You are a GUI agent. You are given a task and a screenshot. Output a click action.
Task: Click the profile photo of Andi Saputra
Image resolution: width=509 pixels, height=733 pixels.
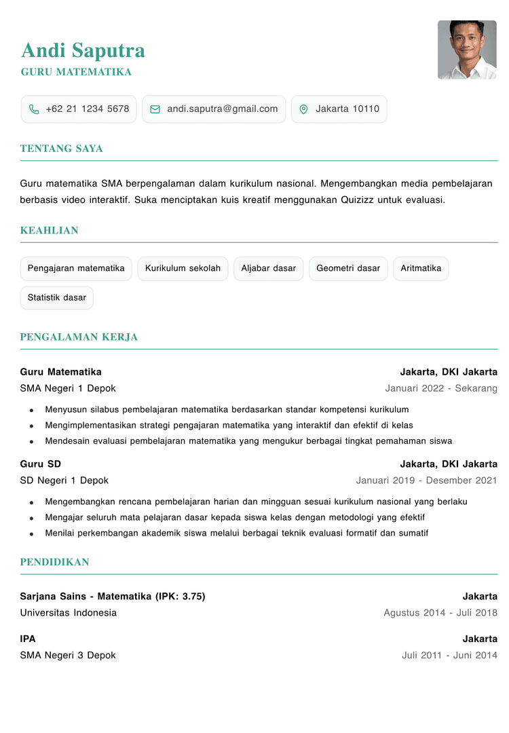pos(467,50)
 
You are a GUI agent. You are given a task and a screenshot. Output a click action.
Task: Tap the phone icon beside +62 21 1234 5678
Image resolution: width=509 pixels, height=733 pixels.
pos(34,109)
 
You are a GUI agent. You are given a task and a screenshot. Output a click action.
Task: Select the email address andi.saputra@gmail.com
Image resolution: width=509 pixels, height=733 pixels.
pos(223,109)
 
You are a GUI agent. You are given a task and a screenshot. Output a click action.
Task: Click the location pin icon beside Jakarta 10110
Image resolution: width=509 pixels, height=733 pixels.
pos(303,109)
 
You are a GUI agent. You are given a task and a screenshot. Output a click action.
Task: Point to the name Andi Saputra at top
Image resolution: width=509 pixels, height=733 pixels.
pos(83,50)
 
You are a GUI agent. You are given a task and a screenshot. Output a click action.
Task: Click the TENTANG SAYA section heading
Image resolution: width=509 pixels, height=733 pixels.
pos(62,149)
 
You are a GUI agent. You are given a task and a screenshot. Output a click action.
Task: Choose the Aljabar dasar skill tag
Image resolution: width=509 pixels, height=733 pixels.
pos(269,268)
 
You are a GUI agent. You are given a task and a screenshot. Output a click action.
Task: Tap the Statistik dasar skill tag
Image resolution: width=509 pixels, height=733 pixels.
pos(57,297)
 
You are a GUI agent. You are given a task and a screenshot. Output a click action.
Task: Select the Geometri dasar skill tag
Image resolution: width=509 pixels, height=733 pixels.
pos(348,268)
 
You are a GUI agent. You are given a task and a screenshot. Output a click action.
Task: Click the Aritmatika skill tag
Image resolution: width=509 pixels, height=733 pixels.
pos(421,268)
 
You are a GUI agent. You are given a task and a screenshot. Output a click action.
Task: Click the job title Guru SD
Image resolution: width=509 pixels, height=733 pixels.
pos(41,464)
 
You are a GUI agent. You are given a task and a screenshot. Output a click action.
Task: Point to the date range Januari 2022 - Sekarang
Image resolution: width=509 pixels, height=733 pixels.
pos(441,388)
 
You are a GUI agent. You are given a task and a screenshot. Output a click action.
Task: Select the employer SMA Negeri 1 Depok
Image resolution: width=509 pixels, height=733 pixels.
pos(68,388)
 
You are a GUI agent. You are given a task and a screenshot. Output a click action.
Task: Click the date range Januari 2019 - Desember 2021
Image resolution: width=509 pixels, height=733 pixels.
pos(426,481)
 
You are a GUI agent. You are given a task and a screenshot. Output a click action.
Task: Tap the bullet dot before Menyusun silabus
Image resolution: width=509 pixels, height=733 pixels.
pos(31,410)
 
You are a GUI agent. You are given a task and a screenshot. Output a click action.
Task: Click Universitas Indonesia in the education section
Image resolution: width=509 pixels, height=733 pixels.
pos(69,613)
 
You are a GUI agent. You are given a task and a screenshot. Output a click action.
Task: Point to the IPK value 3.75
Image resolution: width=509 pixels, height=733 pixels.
pos(192,597)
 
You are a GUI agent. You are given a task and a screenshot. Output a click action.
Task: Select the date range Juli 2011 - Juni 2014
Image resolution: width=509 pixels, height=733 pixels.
pos(449,656)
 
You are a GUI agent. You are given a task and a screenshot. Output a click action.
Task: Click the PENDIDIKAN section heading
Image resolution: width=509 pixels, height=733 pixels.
pos(55,562)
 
